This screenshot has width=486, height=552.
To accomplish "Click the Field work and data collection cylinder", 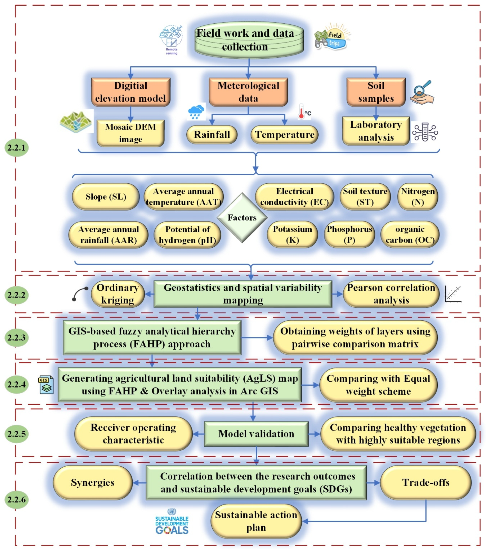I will coord(249,40).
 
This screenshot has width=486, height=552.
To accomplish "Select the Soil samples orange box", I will coord(376,92).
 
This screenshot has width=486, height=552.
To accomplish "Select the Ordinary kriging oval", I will coord(118,294).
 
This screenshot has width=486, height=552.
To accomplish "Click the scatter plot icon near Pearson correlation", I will coord(453,294).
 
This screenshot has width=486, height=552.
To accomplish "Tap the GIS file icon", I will coord(46,384).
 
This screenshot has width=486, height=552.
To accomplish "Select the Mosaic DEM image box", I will coord(130,133).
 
